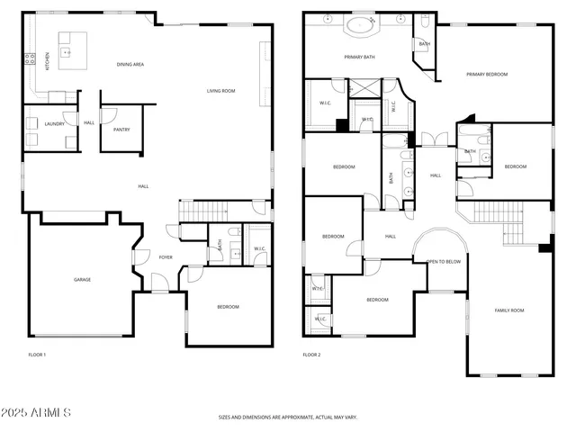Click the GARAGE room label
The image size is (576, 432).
point(82,280)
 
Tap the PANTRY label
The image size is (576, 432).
point(121,130)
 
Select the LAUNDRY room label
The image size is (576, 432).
point(54,123)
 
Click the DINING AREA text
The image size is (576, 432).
point(130,65)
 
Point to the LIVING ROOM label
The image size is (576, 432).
point(220,91)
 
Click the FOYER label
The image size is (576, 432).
point(166,257)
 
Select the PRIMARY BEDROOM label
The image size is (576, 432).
point(487,75)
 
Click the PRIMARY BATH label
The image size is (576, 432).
point(359,58)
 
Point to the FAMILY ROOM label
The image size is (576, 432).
point(508,310)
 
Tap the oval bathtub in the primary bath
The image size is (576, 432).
point(363,24)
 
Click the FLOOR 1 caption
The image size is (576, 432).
point(37,355)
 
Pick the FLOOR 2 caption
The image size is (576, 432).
point(311,355)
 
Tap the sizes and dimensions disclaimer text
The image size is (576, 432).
point(288,418)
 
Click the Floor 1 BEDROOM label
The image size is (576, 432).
point(228,307)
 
